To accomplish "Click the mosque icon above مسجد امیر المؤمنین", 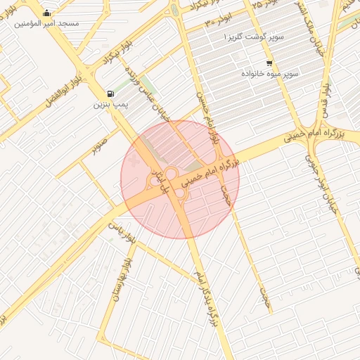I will (47, 13).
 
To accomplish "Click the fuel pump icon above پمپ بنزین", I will (110, 94).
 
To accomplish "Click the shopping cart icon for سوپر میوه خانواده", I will (269, 63).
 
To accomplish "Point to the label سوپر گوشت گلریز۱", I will (252, 36).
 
